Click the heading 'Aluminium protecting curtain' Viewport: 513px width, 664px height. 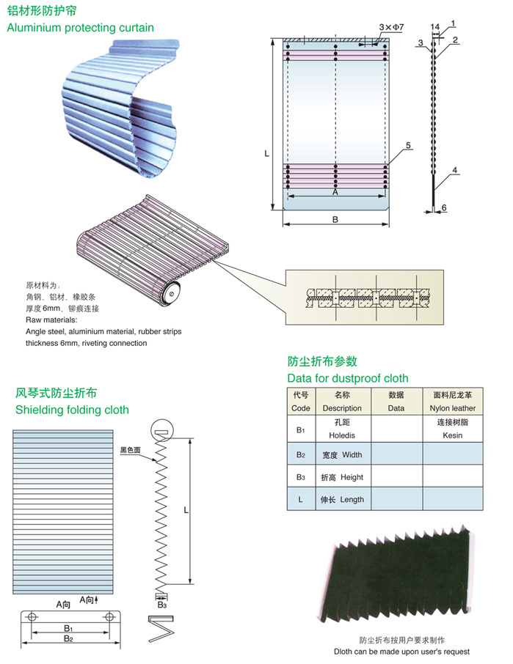coord(80,28)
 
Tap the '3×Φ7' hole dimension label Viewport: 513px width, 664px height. coord(391,27)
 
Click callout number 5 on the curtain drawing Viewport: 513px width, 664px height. coord(408,145)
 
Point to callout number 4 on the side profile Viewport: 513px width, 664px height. coord(454,170)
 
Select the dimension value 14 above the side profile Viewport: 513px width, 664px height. coord(435,27)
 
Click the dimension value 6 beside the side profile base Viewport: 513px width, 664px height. coord(444,207)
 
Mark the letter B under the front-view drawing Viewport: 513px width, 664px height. coord(335,219)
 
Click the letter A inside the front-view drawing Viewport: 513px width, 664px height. coord(335,192)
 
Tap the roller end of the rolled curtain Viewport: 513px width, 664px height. coord(172,293)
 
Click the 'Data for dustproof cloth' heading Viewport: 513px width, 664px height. coord(348,378)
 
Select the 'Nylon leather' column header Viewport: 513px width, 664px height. coord(452,408)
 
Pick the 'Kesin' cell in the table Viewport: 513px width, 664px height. coord(452,435)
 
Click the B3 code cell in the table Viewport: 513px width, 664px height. coord(301,477)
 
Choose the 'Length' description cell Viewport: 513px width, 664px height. coord(342,500)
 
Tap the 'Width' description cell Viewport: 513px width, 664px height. coord(342,455)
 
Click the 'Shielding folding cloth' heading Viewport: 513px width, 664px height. coord(72,410)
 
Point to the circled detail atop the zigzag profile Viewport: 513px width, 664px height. coord(162,429)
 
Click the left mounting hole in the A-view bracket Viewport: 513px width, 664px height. coord(31,616)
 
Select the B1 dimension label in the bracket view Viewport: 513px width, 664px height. coord(68,628)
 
